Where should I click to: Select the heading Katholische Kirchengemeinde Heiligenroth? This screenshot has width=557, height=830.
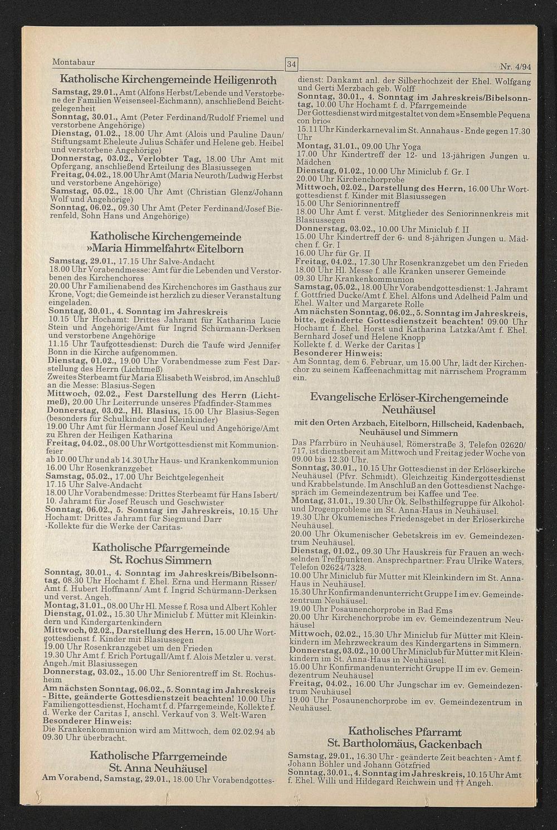(x=168, y=79)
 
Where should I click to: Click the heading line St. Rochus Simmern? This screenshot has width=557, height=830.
(x=161, y=560)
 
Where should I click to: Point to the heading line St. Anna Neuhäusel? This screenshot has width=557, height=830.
(x=158, y=769)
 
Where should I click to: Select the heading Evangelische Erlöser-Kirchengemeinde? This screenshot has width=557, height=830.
(x=409, y=399)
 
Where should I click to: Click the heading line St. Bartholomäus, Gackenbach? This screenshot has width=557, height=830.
(x=404, y=744)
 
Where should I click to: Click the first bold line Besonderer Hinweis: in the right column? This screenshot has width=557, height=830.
(x=338, y=353)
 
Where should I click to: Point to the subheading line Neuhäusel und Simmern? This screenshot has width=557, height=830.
(x=408, y=432)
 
